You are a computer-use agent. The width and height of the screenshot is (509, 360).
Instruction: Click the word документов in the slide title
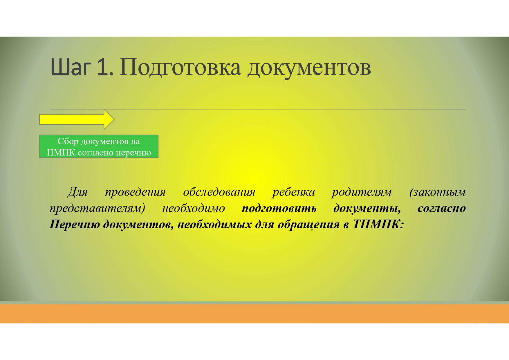coord(309,68)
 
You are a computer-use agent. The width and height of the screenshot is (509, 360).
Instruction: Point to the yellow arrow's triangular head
coord(109,119)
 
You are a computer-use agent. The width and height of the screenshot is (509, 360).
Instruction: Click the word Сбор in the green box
coord(68,141)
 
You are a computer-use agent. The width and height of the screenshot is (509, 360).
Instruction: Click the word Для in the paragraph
coord(77,192)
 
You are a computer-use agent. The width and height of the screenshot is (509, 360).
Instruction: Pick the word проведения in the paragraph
coord(136,192)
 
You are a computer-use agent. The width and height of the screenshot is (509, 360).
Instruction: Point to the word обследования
coord(219,192)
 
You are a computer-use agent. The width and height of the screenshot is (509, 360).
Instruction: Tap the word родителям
coord(362,192)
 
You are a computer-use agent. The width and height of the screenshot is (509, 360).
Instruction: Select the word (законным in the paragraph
coord(438,192)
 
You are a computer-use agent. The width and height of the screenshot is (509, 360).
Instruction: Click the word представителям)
coord(97,208)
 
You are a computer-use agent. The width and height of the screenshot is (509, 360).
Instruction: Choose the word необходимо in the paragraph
coord(194,208)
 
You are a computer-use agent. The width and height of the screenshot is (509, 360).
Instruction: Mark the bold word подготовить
coord(279,208)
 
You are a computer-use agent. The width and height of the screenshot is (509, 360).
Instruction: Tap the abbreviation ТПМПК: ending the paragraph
coord(378,224)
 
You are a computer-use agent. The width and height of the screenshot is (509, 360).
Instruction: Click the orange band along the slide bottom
coord(255,314)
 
